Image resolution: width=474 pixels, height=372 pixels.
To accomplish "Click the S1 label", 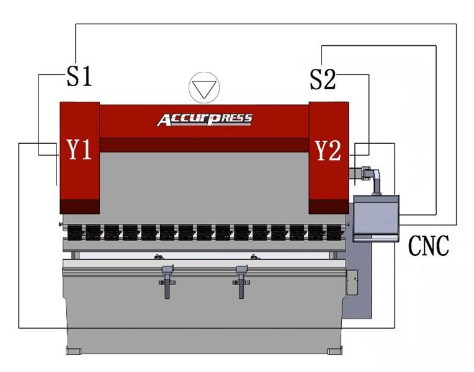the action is point(79,76).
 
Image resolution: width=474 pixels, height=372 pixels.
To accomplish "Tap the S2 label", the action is point(323,79).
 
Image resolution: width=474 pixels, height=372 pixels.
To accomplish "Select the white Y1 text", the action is point(79,149).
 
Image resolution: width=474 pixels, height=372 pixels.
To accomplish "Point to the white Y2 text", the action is point(328,151).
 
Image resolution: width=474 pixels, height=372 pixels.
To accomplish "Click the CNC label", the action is point(428,246).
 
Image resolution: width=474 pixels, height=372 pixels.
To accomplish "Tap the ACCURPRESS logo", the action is point(204,120).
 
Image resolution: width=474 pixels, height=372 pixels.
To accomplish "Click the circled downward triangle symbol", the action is point(204,87).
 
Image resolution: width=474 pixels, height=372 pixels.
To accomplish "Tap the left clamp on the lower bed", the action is point(167,281).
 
